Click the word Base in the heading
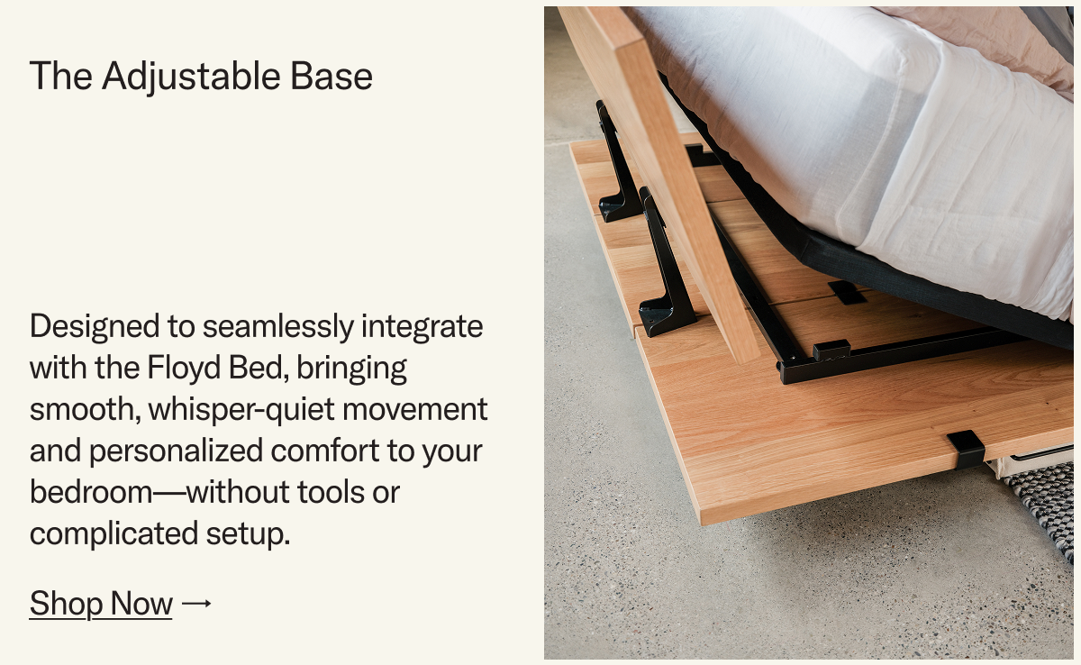(332, 77)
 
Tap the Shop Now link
(101, 603)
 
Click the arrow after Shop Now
(196, 603)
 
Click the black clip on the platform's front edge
(965, 448)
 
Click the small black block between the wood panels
(847, 291)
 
